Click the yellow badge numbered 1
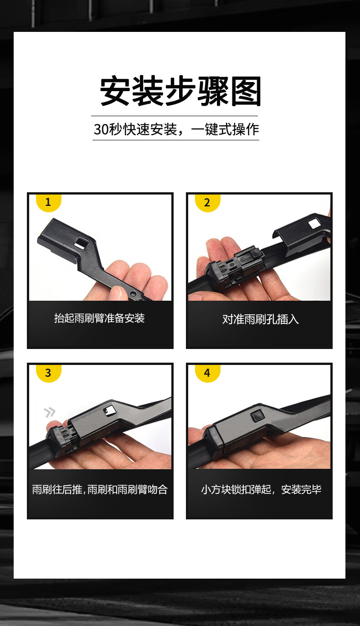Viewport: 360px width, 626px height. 49,203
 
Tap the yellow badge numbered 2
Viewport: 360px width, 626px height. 208,203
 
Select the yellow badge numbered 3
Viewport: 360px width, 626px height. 49,373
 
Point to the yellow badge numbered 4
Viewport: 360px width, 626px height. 208,373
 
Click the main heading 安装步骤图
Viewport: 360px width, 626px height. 180,91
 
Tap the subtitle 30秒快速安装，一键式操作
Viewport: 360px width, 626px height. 176,129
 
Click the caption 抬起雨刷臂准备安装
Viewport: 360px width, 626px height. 99,318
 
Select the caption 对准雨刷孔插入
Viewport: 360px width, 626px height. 260,319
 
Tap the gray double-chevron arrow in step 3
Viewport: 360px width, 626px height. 50,412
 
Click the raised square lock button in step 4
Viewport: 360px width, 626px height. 257,416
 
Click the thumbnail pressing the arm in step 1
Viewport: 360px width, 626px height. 115,292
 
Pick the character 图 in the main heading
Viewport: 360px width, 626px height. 246,91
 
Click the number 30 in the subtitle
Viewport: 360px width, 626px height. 101,129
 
